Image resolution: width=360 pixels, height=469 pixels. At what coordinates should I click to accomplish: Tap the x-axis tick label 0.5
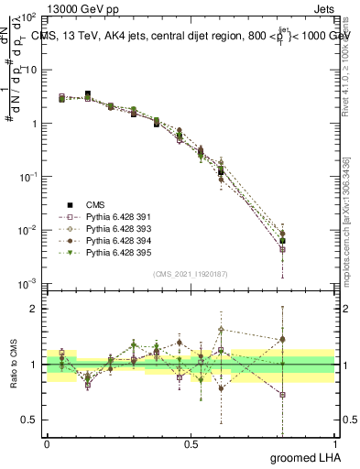[x=190, y=444]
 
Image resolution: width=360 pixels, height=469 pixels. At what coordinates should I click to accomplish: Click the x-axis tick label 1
[x=333, y=444]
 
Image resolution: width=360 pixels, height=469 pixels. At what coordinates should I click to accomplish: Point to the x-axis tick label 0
[x=47, y=444]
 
